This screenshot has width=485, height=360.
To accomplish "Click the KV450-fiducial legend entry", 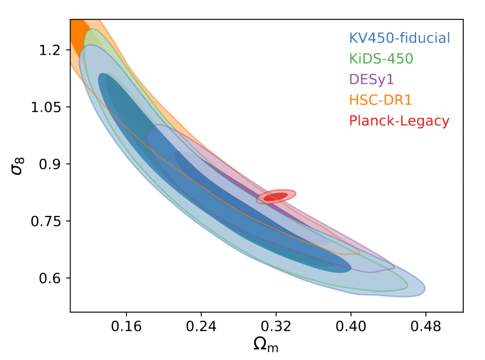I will pos(399,37).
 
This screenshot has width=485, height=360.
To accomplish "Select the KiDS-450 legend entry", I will pos(381,58).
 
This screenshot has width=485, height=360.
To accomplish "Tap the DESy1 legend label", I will pos(371,79).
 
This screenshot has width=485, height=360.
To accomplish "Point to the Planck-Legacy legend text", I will pos(399,121).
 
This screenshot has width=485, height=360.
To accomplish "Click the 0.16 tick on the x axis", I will pos(126,326).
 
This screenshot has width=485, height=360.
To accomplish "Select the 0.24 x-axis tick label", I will pos(201,326).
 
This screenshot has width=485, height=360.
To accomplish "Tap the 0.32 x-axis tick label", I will pos(276,326).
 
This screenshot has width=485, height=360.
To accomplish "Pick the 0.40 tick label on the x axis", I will pos(350,326).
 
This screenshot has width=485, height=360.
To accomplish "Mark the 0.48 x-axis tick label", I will pos(425,326).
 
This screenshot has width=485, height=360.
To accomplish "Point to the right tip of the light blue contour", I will pos(423,289).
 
